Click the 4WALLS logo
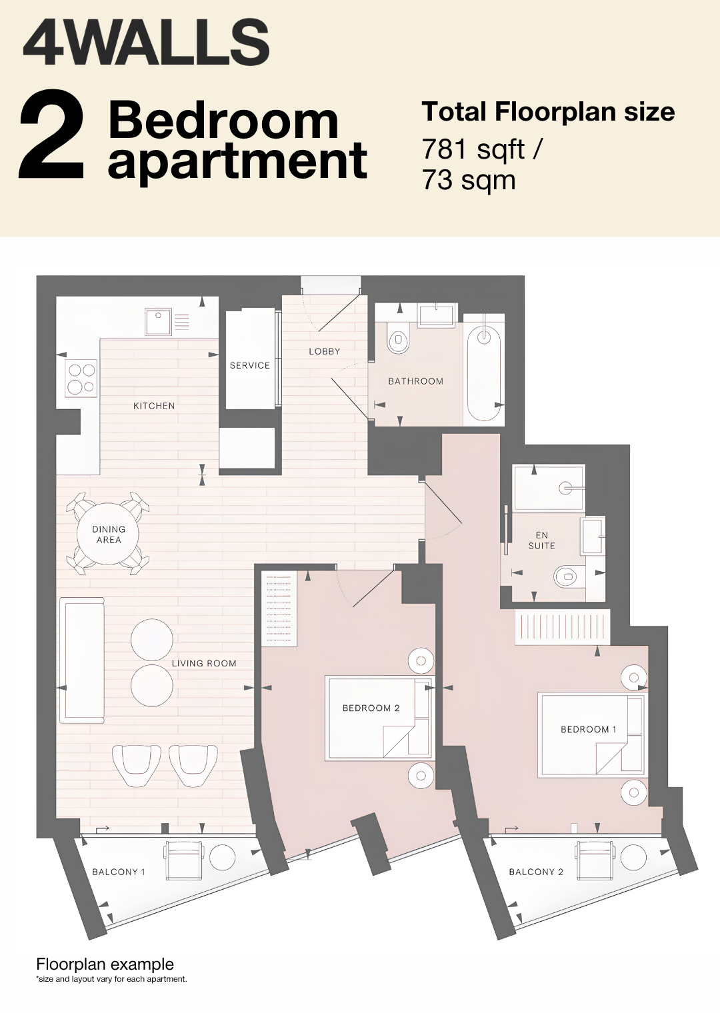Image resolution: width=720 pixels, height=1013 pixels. [146, 43]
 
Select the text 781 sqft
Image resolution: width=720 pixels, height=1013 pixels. [473, 150]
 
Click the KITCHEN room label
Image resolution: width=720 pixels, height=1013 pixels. [154, 406]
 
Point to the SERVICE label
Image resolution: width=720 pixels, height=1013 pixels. [249, 365]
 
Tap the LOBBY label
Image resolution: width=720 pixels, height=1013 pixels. [324, 351]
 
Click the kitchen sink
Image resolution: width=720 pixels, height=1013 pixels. [158, 321]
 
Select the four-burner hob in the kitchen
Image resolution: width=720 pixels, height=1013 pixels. [82, 379]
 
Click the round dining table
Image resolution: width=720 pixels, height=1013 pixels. [108, 534]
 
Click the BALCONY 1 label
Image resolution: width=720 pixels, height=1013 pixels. [119, 872]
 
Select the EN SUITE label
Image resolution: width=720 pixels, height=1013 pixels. [541, 540]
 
